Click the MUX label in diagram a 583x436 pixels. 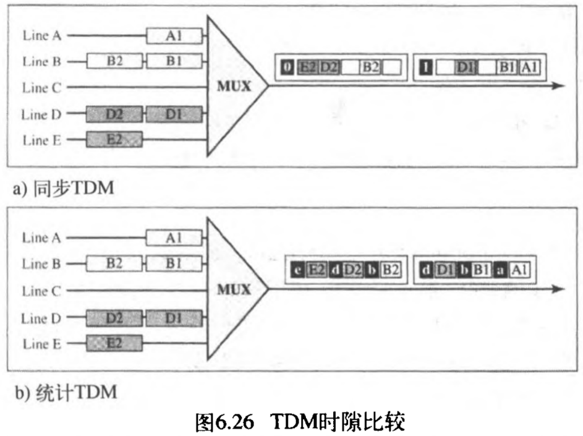pos(234,87)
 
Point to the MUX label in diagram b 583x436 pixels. pos(234,290)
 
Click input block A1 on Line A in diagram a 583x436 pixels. pos(174,36)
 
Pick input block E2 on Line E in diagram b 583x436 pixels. pos(114,343)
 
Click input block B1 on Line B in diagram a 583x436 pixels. pos(174,61)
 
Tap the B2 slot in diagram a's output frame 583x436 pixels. pos(370,67)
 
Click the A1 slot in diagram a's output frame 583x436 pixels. pos(529,67)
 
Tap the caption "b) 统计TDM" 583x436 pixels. pos(61,391)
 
